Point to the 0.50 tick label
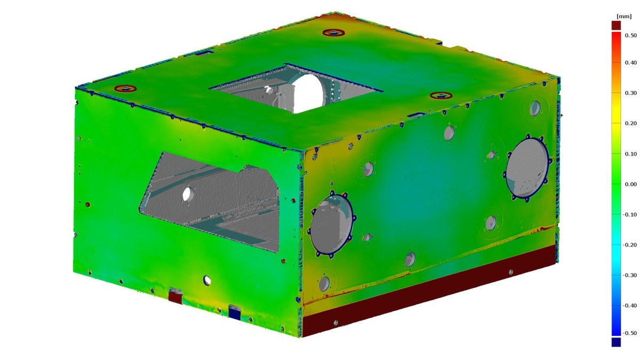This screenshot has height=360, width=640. tap(630, 35)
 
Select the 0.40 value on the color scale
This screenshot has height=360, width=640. tap(630, 63)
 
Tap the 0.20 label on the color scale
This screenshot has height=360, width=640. tap(630, 123)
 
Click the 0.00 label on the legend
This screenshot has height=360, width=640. tap(630, 185)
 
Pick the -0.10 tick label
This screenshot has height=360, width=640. tap(629, 214)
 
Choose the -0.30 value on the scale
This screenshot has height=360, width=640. tap(629, 275)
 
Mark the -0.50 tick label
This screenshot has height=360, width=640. tap(629, 333)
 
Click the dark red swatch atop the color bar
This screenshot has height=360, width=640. tap(616, 25)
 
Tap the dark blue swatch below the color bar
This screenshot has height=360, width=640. tap(616, 342)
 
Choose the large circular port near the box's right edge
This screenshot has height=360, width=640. tap(527, 167)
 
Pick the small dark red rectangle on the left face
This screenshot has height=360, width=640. tap(175, 297)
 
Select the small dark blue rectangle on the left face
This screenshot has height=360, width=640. tap(235, 311)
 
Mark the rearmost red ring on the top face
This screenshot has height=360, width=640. tap(333, 33)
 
